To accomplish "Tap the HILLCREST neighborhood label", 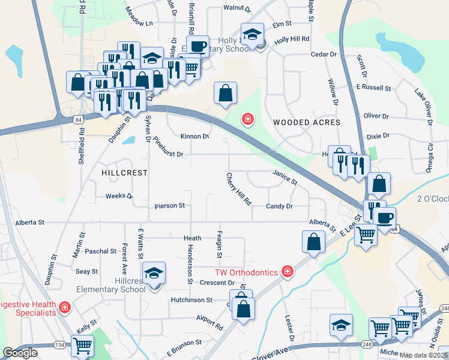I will [x=124, y=172].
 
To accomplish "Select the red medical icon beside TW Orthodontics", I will [x=288, y=272].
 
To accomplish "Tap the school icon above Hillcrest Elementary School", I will [x=154, y=274].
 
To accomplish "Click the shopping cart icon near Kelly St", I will [x=82, y=344].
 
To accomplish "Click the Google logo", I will [x=20, y=353].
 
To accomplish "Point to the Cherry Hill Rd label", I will [x=238, y=189].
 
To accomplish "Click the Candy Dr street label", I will [x=279, y=206].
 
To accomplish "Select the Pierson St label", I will [x=169, y=206].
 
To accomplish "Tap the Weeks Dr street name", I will [x=119, y=196].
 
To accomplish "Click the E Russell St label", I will [x=373, y=88].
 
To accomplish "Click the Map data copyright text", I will [x=424, y=355].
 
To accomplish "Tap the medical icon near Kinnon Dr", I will [x=247, y=120].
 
